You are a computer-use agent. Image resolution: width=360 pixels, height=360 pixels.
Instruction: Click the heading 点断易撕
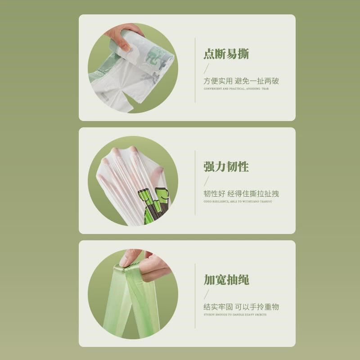pos(226,54)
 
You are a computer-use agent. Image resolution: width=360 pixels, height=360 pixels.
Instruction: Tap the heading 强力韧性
pos(226,167)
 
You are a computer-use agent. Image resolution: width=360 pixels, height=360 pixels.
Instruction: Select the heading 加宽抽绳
pos(226,280)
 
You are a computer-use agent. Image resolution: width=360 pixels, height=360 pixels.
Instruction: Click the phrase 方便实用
pos(218,81)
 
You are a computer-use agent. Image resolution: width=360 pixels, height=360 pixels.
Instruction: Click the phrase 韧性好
pos(214,194)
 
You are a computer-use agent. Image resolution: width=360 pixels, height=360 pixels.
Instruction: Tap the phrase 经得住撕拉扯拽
pos(253,194)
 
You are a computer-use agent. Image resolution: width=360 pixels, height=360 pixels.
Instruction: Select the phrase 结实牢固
pos(218,307)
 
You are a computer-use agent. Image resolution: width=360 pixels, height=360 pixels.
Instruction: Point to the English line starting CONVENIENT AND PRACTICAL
pos(236,89)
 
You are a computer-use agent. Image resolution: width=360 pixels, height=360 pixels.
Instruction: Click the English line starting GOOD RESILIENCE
pos(238,201)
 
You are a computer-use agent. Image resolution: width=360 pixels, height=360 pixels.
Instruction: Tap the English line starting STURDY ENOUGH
pos(235,315)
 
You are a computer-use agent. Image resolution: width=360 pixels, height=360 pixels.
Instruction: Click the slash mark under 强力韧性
pos(207,181)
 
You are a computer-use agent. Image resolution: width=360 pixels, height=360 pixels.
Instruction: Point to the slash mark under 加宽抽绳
pos(207,294)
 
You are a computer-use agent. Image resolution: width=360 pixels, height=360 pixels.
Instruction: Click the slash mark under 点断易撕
pos(207,68)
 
